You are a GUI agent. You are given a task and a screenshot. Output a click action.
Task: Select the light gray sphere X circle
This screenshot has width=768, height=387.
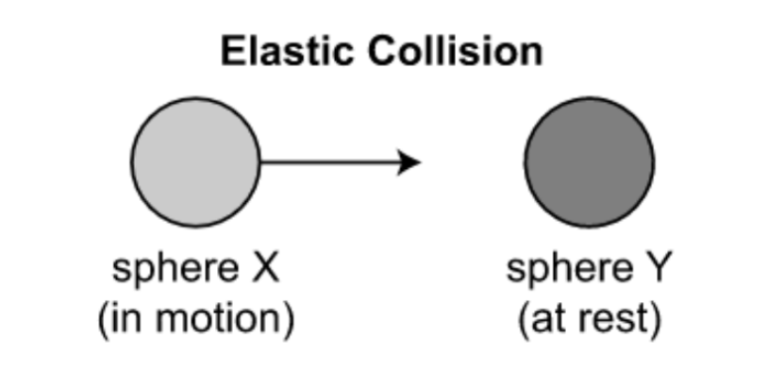coord(195,162)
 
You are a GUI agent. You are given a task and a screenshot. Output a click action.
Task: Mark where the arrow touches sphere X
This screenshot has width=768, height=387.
coord(260,162)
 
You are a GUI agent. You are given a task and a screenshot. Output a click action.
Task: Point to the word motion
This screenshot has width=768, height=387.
coord(229,319)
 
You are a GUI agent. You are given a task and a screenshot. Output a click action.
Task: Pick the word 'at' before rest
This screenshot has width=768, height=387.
coord(546,319)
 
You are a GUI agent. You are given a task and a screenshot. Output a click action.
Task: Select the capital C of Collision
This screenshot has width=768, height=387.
coord(381,52)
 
